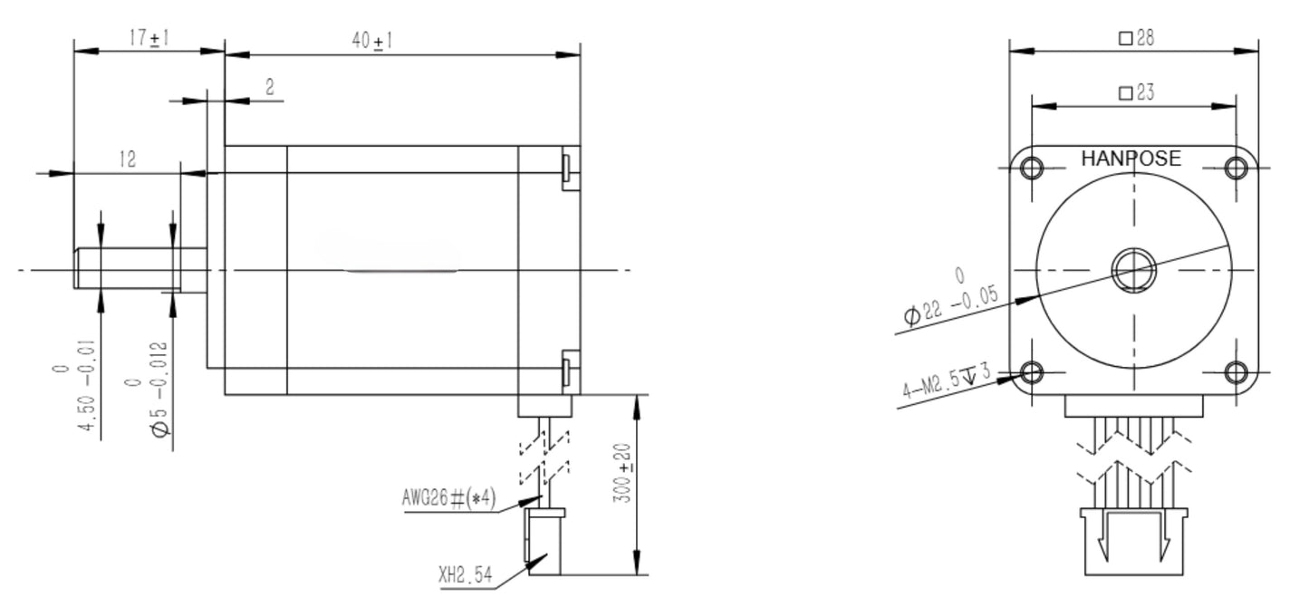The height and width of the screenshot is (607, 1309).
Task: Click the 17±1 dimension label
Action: point(149,38)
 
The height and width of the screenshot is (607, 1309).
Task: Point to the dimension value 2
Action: point(269,87)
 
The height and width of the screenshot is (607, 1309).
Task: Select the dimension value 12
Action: point(127,159)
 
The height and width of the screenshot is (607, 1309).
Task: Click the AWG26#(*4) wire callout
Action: point(448,497)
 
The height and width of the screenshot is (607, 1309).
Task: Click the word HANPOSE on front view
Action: point(1131,159)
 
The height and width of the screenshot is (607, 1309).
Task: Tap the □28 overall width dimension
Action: point(1136,38)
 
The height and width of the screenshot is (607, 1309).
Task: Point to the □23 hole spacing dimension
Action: point(1136,92)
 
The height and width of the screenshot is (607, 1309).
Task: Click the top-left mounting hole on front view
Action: point(1032,168)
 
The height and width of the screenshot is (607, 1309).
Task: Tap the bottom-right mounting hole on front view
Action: point(1237,372)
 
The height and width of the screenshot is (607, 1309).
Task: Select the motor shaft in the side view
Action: point(136,269)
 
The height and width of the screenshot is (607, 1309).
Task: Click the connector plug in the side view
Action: point(544,542)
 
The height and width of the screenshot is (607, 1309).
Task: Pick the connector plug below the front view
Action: point(1133,541)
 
